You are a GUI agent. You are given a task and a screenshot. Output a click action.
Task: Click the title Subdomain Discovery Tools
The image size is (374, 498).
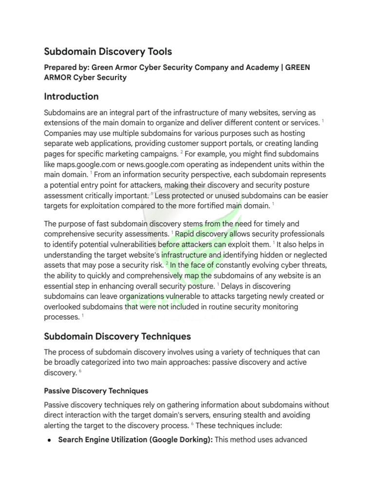(108, 52)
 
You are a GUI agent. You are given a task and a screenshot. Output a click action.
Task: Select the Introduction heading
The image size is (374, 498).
(71, 96)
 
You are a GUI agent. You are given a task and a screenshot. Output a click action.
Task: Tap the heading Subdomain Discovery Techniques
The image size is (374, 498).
(117, 336)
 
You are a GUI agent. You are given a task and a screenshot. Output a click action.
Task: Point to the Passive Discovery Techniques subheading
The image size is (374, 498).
(96, 391)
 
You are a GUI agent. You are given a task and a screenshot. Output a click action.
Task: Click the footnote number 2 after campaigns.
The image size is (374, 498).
(181, 152)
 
